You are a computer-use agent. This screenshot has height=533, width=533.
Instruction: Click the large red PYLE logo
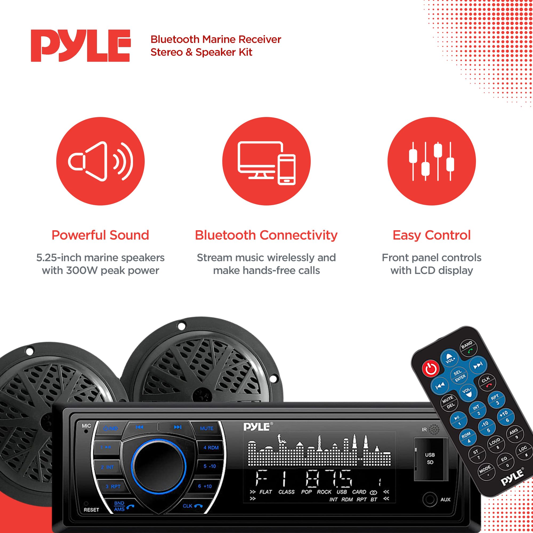(80, 46)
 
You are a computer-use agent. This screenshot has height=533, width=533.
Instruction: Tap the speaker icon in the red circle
(100, 161)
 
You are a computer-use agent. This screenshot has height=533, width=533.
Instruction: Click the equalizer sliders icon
(431, 161)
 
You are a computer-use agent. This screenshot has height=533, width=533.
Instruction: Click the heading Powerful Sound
(100, 235)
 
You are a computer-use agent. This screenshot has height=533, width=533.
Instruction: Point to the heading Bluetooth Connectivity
(266, 235)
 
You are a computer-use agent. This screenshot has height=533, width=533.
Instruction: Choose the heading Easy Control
(431, 235)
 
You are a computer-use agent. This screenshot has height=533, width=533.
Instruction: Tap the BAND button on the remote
(468, 347)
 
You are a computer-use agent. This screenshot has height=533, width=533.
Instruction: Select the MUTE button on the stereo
(206, 428)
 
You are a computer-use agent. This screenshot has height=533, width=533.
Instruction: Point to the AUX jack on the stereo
(430, 499)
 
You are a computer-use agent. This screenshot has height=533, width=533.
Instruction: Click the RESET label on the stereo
(91, 510)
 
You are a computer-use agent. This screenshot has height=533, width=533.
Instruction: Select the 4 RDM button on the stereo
(211, 447)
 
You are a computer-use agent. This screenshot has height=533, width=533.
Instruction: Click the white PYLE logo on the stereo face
(257, 427)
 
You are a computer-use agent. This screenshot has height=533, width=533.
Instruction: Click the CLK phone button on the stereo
(192, 506)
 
